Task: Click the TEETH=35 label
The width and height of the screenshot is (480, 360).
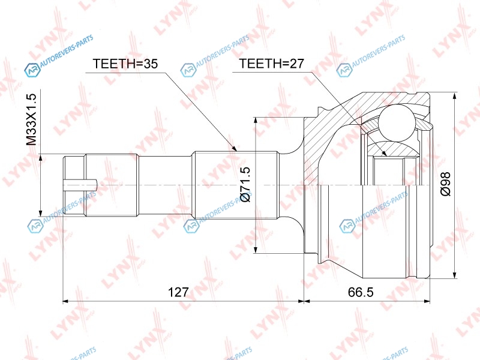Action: tap(125, 64)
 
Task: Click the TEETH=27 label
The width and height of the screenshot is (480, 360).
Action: tap(272, 64)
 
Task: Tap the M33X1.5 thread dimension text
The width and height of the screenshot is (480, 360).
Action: tap(31, 119)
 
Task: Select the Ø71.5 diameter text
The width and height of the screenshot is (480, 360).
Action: tap(245, 184)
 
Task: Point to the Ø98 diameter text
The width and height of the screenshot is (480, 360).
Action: tap(445, 184)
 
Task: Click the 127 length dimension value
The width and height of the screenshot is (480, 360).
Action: tap(178, 292)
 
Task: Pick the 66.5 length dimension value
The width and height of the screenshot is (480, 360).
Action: tap(361, 292)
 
